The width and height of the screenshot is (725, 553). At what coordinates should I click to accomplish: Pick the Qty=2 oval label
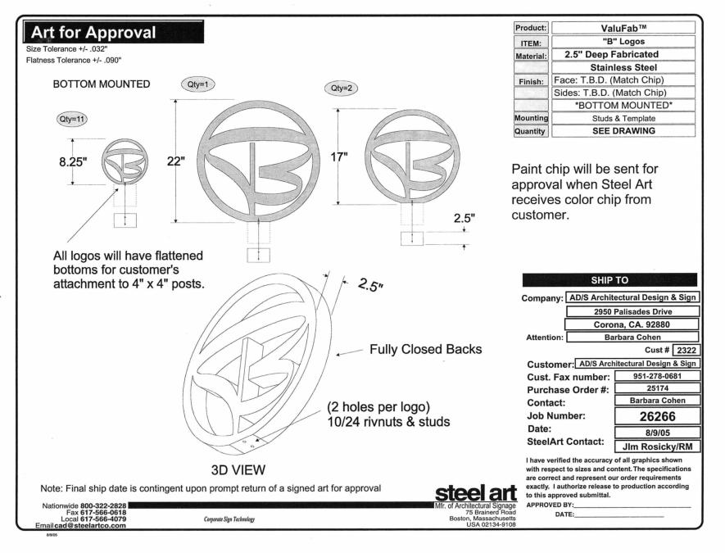pyautogui.click(x=341, y=88)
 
